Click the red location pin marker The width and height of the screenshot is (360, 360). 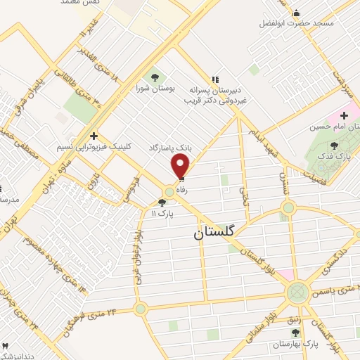point(181,166)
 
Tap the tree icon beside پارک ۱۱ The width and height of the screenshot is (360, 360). point(162,202)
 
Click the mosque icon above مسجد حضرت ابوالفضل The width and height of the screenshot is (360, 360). point(296,13)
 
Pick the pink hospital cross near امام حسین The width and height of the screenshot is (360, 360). point(345,115)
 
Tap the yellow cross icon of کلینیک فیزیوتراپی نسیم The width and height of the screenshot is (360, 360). point(94,135)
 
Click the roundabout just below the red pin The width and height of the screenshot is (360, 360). point(169,192)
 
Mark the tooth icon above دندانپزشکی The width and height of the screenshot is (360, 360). point(6,345)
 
